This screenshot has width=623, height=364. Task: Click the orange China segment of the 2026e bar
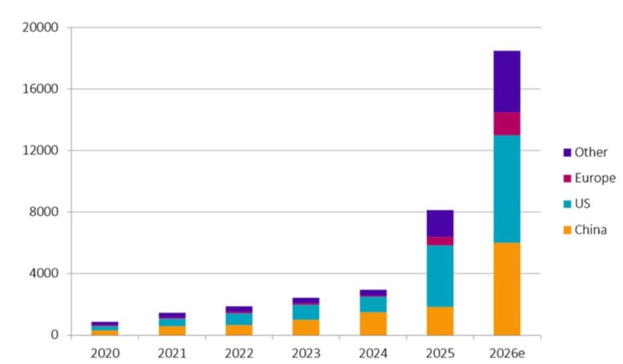click(x=506, y=289)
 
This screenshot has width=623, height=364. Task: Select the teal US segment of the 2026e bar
click(x=506, y=189)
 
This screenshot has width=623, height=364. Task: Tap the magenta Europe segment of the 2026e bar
click(x=506, y=124)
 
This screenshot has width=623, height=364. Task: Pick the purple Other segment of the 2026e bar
click(x=506, y=82)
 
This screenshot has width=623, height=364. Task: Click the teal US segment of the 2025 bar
click(x=440, y=276)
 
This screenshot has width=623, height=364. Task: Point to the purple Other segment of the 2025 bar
click(x=440, y=224)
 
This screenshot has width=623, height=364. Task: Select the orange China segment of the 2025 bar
click(x=440, y=321)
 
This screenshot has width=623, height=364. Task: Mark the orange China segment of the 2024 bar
click(x=373, y=324)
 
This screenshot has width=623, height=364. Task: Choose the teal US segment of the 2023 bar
click(x=306, y=312)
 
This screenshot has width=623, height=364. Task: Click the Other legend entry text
click(x=591, y=152)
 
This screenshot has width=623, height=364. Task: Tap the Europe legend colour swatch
click(x=567, y=178)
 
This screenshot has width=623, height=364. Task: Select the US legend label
click(x=583, y=204)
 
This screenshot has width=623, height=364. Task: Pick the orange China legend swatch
click(x=567, y=230)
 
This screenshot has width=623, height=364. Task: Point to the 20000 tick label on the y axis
click(x=40, y=27)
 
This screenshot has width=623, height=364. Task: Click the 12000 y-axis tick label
click(x=40, y=150)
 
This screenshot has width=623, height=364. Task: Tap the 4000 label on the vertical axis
click(x=44, y=273)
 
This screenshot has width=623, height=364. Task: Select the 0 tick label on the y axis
click(x=54, y=335)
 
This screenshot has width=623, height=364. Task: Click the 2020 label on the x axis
click(x=105, y=353)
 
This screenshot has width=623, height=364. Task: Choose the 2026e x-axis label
click(x=507, y=353)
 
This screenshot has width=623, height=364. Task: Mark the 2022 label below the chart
click(x=239, y=353)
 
